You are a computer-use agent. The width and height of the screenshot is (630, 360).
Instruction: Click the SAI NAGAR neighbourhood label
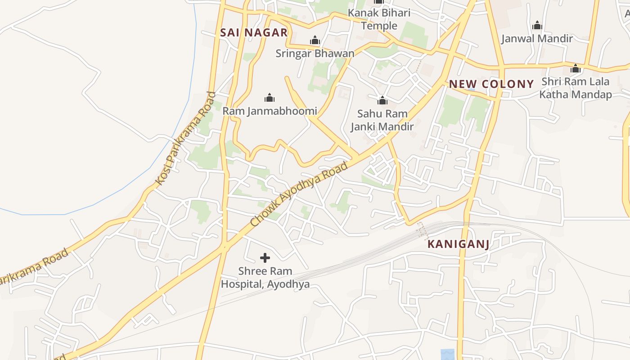(254, 32)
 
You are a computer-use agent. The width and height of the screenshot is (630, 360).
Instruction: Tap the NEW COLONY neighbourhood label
(491, 84)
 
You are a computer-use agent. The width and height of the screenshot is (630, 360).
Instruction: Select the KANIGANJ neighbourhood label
(458, 244)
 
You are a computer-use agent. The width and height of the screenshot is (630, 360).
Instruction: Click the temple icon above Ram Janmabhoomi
(270, 98)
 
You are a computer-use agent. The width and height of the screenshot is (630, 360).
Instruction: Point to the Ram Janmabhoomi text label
(270, 111)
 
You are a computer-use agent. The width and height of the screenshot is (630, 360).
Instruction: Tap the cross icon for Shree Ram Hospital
(265, 258)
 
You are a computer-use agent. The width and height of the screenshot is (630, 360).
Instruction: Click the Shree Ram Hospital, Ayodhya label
(265, 278)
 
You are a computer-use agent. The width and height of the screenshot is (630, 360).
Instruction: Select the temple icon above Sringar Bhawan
(315, 40)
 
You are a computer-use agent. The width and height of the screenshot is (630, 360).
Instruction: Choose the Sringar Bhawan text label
(315, 54)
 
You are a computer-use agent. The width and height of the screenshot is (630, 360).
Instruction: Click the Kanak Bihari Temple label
(379, 19)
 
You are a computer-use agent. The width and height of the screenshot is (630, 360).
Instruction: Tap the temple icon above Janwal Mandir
(537, 26)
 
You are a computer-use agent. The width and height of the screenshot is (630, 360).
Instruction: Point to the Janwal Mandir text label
(537, 39)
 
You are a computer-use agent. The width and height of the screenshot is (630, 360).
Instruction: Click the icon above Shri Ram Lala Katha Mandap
(576, 69)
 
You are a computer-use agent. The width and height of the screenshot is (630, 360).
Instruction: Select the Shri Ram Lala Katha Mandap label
(576, 88)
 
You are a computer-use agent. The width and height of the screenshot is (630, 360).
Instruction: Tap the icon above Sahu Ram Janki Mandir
(382, 100)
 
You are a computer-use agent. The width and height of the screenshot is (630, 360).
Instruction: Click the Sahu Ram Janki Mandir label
(382, 120)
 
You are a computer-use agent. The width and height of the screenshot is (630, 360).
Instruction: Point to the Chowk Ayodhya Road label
(299, 195)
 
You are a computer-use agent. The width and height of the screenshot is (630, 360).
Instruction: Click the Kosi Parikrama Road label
(185, 139)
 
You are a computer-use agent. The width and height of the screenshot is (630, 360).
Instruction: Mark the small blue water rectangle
(447, 354)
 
